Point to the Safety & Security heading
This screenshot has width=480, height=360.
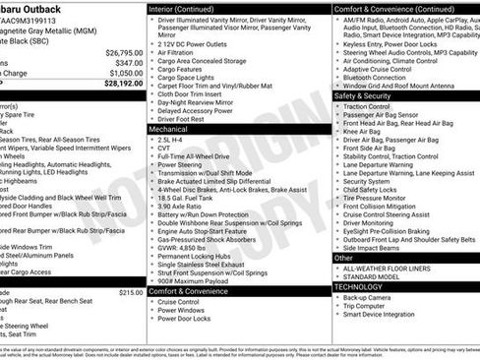370,96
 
